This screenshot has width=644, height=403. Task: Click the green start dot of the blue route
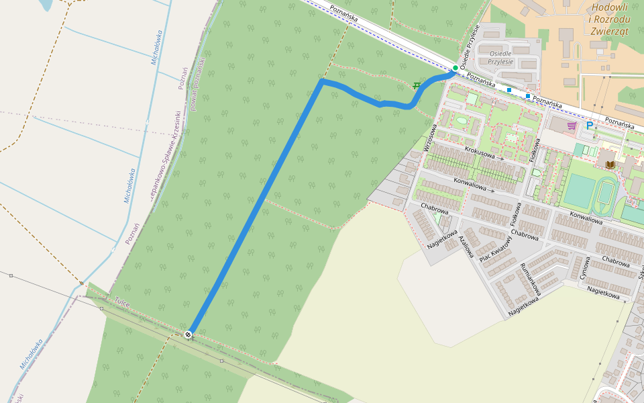tap(455, 69)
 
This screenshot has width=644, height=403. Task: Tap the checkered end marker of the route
tap(189, 334)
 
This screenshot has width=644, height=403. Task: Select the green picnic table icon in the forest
tap(418, 86)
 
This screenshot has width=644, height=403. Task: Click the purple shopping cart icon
tap(571, 125)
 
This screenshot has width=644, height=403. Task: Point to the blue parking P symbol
tap(590, 125)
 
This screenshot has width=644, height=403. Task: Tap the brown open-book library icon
tap(610, 165)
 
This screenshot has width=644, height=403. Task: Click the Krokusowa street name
tap(479, 154)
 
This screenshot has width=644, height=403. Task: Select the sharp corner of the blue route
tap(323, 82)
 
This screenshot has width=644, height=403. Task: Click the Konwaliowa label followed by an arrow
tap(470, 185)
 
